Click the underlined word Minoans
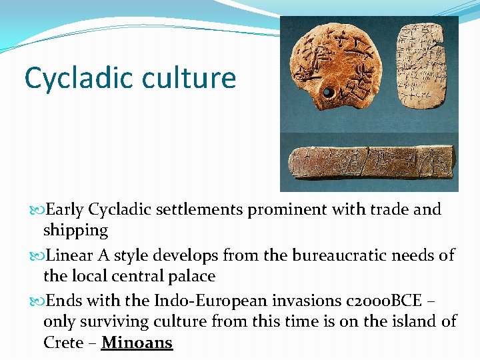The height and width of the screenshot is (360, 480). (137, 343)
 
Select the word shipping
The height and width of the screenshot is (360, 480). (75, 230)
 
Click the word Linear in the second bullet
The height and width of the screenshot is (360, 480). (70, 255)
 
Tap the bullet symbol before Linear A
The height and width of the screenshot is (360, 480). (36, 255)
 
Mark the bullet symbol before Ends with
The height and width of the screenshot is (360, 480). (36, 301)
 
